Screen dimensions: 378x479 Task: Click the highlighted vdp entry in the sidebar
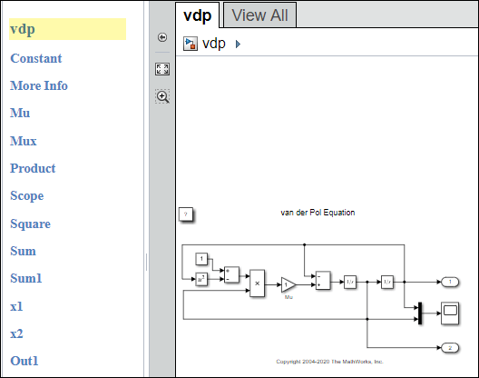pos(24,29)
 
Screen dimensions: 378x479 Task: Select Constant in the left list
pos(36,58)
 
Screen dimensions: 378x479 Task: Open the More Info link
pos(39,85)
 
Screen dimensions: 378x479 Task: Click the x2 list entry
pos(16,333)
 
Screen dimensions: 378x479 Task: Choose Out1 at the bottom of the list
pos(24,361)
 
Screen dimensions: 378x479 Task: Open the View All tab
pos(259,15)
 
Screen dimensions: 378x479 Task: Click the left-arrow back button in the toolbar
pos(162,37)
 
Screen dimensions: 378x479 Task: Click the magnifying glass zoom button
pos(162,95)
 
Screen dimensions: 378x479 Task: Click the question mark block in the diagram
pos(185,214)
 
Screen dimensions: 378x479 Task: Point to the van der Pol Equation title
pos(318,213)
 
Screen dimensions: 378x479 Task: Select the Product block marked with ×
pos(258,283)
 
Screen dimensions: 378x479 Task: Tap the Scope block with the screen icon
pos(450,313)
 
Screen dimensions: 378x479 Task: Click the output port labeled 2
pos(450,348)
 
